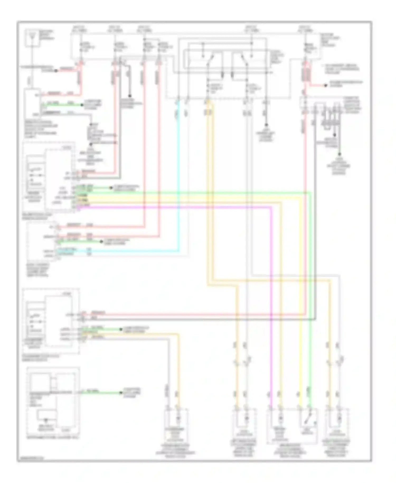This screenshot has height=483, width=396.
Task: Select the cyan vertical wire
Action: tap(179, 185)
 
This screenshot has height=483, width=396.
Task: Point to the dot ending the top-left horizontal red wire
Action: tap(56, 71)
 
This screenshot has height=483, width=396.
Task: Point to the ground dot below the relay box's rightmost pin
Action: tap(266, 125)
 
